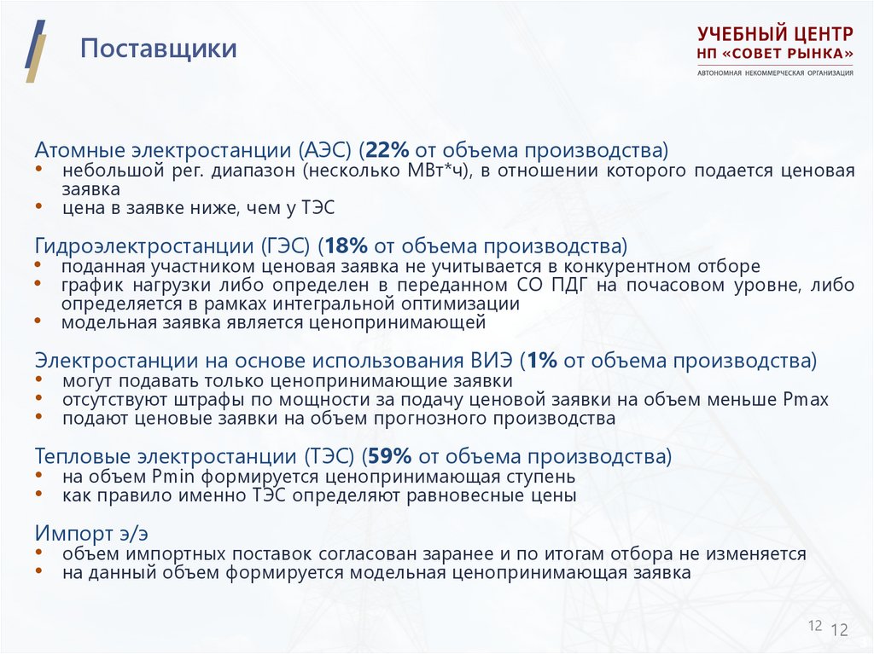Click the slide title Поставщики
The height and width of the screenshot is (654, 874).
tap(158, 49)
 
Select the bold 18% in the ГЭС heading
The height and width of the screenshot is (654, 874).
tap(346, 247)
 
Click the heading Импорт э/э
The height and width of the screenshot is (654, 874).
tap(91, 534)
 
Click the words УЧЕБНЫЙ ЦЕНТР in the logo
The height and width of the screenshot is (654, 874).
tap(774, 35)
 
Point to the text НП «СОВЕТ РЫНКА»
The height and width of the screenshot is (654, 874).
tap(774, 54)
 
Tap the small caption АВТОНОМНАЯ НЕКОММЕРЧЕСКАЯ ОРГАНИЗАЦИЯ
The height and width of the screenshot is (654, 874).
tap(774, 72)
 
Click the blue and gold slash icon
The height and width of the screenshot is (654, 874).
tap(35, 50)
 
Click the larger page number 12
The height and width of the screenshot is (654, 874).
tap(839, 630)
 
